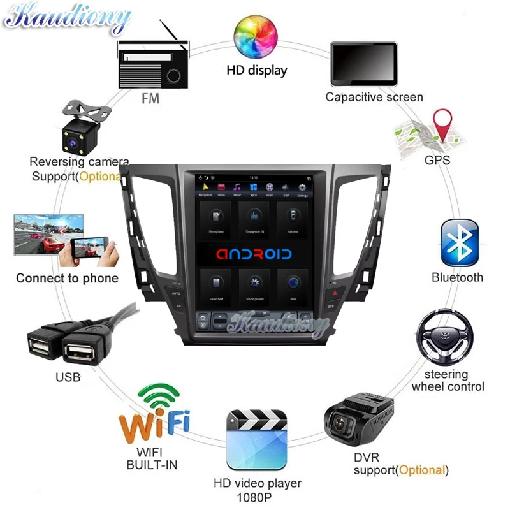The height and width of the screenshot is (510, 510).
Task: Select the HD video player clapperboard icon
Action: pyautogui.click(x=258, y=441)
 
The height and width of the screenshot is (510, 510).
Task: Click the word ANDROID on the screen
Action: pyautogui.click(x=254, y=254)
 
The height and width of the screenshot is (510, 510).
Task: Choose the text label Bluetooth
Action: pyautogui.click(x=457, y=277)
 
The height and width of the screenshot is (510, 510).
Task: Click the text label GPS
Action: pyautogui.click(x=437, y=160)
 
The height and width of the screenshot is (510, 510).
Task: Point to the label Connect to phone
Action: pyautogui.click(x=67, y=278)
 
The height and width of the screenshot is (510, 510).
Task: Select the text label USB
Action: pyautogui.click(x=68, y=377)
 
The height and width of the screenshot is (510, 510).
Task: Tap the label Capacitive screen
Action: pyautogui.click(x=374, y=98)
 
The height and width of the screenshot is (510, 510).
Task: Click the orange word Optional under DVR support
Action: pyautogui.click(x=421, y=470)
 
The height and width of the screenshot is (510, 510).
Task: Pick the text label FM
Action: pyautogui.click(x=150, y=99)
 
